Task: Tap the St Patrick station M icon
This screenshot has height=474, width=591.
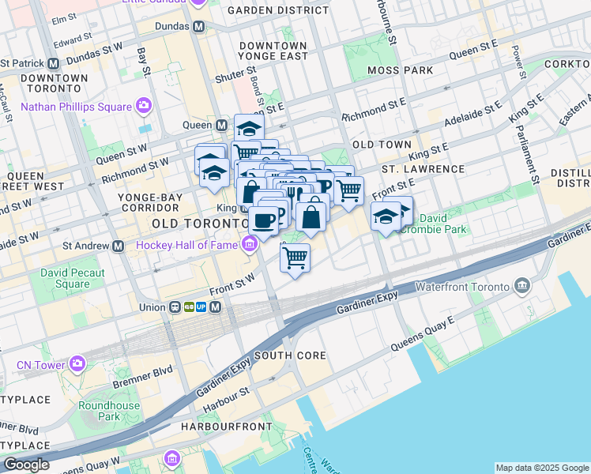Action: click(54, 62)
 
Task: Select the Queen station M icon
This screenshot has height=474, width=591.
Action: click(222, 125)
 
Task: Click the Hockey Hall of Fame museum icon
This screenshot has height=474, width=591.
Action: click(250, 245)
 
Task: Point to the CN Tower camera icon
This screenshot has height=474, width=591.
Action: click(77, 364)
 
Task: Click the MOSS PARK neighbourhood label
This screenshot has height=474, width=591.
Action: click(400, 70)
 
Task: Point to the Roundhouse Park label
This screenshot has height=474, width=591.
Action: click(98, 411)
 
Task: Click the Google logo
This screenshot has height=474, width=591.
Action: click(25, 464)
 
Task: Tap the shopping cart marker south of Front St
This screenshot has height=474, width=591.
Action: click(295, 258)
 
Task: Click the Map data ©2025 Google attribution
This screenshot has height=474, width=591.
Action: click(541, 468)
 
